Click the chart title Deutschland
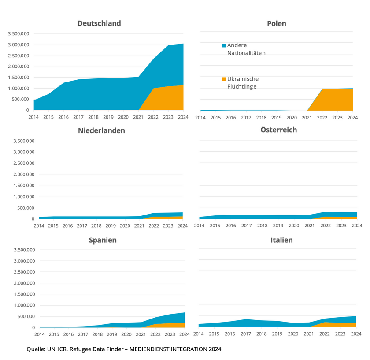tap(99, 23)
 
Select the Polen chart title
tap(276, 23)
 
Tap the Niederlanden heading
tap(101, 130)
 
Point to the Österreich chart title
tap(278, 130)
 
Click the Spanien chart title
tap(103, 241)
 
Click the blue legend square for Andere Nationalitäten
tap(224, 45)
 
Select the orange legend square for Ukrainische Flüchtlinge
tap(224, 79)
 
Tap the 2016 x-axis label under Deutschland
tap(63, 118)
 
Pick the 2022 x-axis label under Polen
tap(322, 118)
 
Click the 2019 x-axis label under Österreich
tap(278, 226)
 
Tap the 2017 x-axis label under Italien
tap(246, 334)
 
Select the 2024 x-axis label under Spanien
tap(184, 334)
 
